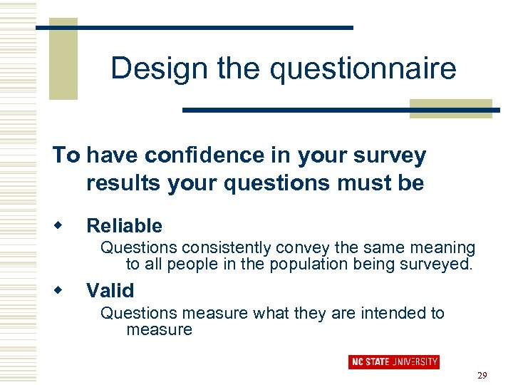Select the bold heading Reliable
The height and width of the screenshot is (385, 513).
tap(124, 226)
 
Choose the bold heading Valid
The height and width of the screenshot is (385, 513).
tap(110, 290)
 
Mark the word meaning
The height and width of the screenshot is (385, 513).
tap(440, 247)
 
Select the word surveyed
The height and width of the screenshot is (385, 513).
tap(437, 265)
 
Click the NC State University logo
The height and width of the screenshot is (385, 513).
tap(393, 361)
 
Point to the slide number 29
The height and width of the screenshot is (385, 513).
tap(482, 376)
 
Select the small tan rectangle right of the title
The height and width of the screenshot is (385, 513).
tap(450, 108)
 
